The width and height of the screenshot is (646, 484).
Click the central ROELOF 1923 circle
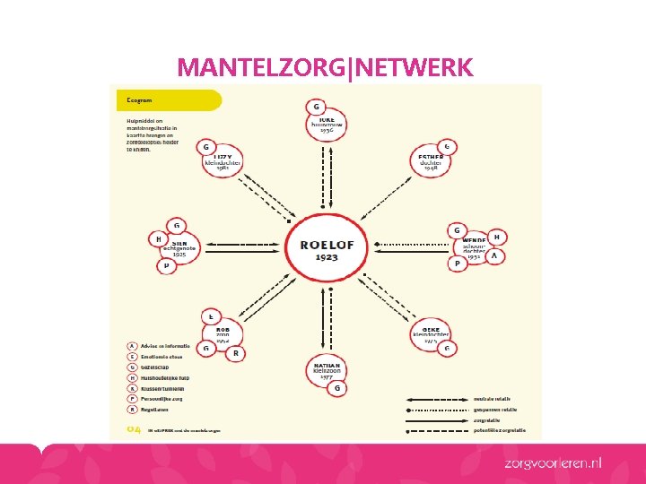[320, 243]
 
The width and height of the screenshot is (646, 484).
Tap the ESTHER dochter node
[430, 164]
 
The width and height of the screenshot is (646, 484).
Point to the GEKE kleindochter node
[430, 335]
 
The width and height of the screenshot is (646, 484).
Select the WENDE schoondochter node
[473, 246]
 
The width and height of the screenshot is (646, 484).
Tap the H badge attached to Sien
[158, 239]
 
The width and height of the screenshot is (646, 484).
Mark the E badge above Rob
[210, 315]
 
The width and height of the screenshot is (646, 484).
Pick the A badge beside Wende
[493, 256]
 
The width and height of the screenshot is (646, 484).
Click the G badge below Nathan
[337, 388]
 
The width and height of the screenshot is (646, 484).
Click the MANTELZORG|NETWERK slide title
[325, 67]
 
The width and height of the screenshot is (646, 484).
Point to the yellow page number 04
[134, 430]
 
